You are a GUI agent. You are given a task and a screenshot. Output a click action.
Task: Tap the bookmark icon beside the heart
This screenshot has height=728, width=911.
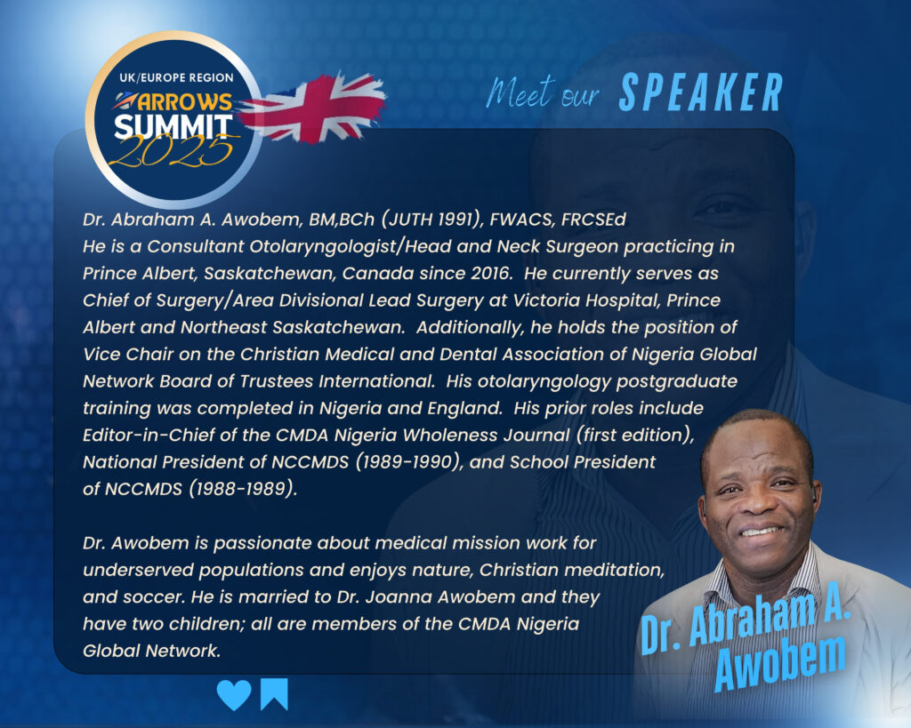274,694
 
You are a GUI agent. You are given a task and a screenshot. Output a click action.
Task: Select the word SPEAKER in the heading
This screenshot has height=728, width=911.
701,92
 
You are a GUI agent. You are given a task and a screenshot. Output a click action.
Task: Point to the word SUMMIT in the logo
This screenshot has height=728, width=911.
173,126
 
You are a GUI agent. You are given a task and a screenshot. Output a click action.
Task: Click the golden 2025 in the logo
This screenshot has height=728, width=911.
172,151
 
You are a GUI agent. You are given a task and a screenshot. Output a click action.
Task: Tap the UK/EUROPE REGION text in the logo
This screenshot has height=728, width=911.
176,78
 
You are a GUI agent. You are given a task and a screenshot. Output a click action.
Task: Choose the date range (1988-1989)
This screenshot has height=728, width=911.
243,489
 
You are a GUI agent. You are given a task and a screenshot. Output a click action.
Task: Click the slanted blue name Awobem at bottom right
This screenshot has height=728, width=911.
779,662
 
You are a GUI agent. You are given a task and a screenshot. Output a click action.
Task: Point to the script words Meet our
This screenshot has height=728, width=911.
542,92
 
